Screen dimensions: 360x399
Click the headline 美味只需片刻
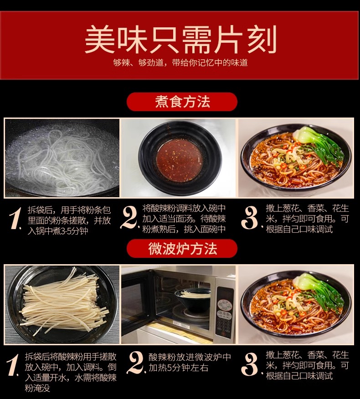coord(180,40)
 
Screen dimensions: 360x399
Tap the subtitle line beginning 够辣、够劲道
coord(180,62)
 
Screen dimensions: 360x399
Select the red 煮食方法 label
coord(182,102)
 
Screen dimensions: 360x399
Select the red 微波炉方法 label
coord(182,249)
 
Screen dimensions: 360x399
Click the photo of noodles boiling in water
coord(62,158)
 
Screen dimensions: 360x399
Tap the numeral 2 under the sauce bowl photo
coord(130,217)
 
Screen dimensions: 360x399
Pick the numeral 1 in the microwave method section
coord(12,365)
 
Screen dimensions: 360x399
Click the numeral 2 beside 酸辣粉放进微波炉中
coord(136,362)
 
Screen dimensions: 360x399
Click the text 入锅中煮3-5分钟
coord(57,231)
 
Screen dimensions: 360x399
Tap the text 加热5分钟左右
coord(178,368)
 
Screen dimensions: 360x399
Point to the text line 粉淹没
coord(37,388)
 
